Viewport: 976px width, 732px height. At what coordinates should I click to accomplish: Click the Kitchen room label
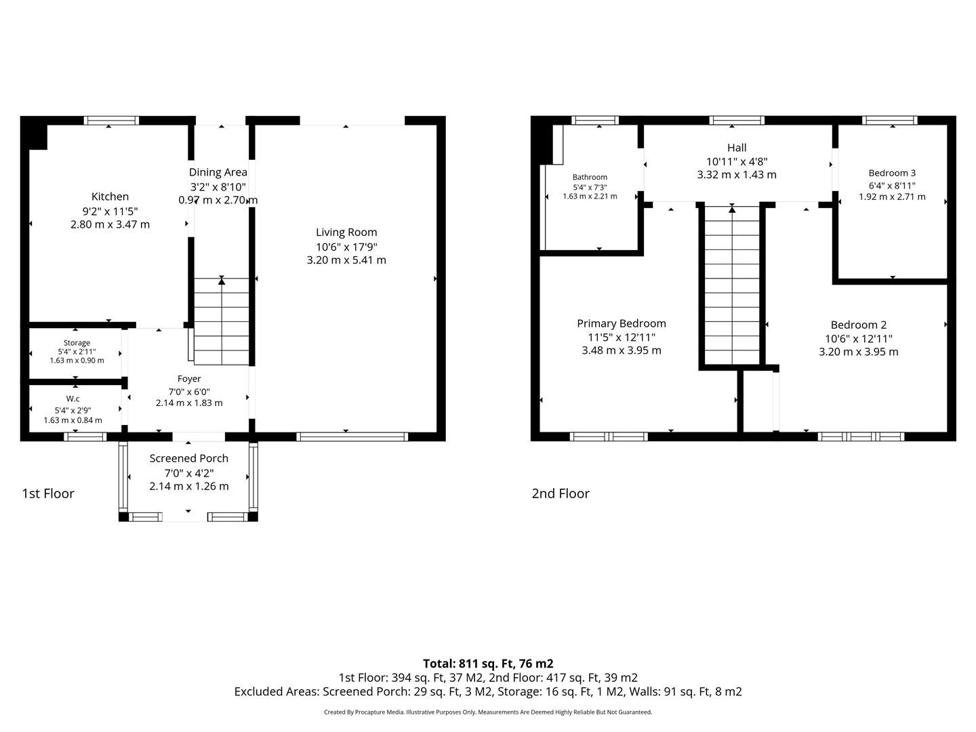click(x=110, y=197)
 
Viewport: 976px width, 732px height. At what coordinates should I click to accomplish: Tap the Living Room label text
click(x=346, y=232)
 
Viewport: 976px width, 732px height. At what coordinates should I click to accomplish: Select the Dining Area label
click(x=218, y=172)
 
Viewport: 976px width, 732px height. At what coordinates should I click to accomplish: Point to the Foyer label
click(x=189, y=379)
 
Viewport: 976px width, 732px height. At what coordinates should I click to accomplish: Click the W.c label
click(x=73, y=399)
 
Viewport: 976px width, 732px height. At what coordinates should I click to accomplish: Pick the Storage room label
click(x=77, y=343)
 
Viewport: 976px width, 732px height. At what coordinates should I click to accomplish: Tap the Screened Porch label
click(x=188, y=458)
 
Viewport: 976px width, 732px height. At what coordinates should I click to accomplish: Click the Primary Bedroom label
click(x=621, y=323)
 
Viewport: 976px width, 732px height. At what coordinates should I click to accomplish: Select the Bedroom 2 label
click(x=859, y=325)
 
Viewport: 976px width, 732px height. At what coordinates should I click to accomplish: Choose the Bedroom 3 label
click(x=892, y=173)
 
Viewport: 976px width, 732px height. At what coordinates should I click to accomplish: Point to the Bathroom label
click(x=590, y=177)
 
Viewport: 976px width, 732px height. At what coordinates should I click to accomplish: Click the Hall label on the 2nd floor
click(x=737, y=148)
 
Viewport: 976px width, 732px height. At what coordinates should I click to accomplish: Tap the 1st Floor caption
click(x=48, y=493)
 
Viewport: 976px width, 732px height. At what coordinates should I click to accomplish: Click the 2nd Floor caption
click(x=561, y=493)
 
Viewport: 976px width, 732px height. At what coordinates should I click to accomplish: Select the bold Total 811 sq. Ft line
click(x=488, y=664)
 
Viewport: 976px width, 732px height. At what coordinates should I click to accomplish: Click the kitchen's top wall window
click(x=112, y=121)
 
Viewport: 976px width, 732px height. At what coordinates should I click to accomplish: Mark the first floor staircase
click(x=222, y=321)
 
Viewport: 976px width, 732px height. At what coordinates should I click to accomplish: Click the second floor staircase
click(x=732, y=285)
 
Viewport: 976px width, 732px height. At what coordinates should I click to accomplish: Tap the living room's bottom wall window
click(x=352, y=436)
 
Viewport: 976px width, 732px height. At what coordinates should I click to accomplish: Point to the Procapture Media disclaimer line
click(x=488, y=712)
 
